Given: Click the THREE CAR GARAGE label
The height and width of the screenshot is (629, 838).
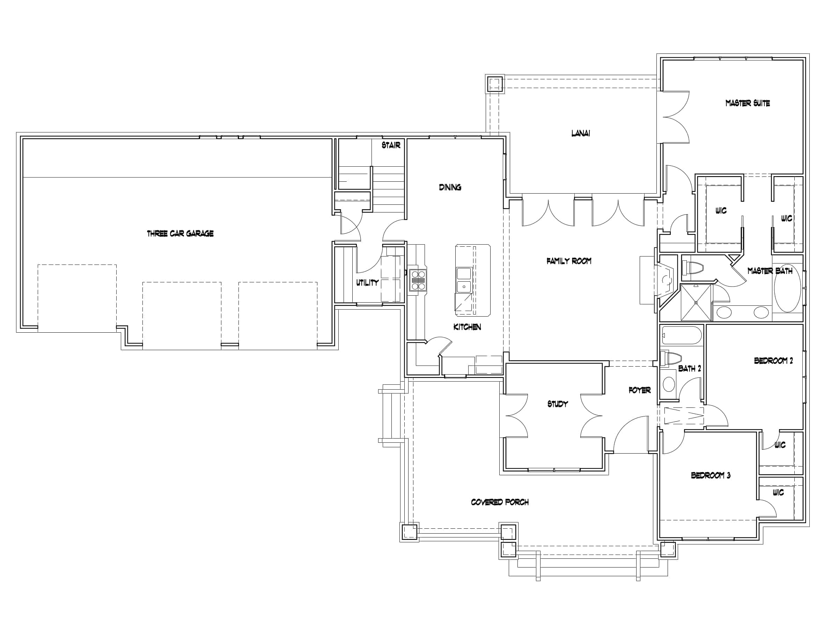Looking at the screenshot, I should coord(180,233).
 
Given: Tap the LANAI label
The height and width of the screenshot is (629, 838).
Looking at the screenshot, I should coord(580,133).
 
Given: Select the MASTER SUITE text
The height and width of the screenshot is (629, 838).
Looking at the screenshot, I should coord(747,103).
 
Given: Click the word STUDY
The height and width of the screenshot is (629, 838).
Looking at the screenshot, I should coord(557,404).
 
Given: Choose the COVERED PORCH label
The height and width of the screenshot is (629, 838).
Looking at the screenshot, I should coord(500,502).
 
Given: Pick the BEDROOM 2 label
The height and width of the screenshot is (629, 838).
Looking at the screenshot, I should coord(773,361).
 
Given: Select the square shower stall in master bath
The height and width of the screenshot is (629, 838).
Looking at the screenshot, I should coord(696,303).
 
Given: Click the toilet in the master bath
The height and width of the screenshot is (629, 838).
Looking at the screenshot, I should coord(693,268).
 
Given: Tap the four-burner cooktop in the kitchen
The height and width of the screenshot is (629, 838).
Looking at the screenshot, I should coord(418,280).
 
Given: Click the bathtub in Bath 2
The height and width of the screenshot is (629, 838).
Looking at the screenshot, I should coord(682,335).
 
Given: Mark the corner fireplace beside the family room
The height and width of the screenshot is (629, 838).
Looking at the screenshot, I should coord(666,280).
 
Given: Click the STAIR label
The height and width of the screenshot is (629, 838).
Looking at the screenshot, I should coord(391,145).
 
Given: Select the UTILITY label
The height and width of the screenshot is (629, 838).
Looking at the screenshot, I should coord(367,282).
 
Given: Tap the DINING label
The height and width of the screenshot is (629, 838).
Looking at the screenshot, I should coord(450,187).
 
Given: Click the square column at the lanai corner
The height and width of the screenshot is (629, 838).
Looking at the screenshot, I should coord(495,84).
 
